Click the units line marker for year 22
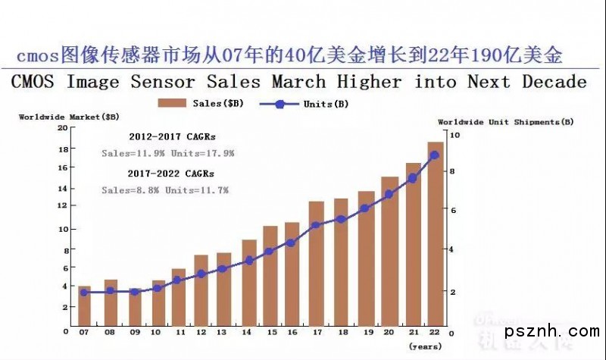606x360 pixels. click(x=435, y=155)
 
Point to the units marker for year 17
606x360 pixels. click(x=317, y=224)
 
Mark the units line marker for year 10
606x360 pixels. click(x=158, y=288)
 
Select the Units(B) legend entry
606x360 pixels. click(x=304, y=103)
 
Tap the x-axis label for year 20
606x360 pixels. click(x=389, y=331)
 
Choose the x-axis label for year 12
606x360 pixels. click(x=201, y=331)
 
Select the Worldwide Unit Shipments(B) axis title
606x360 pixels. click(x=505, y=121)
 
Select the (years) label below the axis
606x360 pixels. click(x=425, y=346)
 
